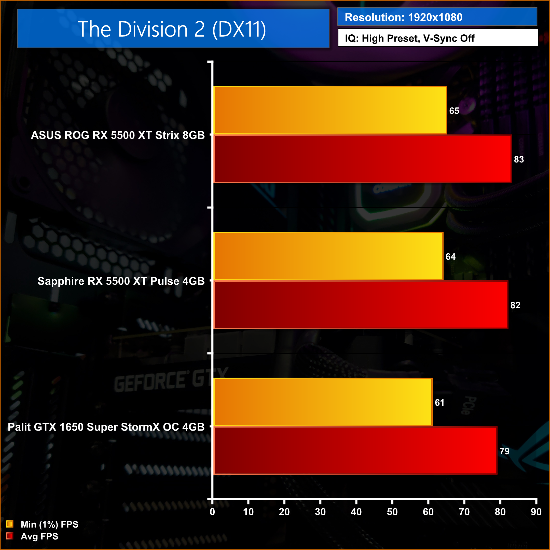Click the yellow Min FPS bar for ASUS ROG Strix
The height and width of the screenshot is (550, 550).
click(x=330, y=110)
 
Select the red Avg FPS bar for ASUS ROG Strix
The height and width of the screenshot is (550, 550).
click(x=362, y=159)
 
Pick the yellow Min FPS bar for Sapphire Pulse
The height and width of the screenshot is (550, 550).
click(x=328, y=256)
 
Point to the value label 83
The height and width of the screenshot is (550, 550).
click(x=519, y=159)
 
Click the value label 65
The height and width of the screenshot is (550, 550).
click(x=454, y=111)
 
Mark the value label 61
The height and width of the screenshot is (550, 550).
click(x=439, y=403)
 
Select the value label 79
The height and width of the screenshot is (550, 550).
click(x=504, y=451)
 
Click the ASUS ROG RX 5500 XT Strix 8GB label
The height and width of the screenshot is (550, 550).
click(x=118, y=135)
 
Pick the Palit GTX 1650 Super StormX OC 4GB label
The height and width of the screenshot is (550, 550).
click(x=106, y=427)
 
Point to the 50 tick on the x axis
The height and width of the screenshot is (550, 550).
click(x=392, y=512)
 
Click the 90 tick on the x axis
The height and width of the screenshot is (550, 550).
click(x=536, y=512)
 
